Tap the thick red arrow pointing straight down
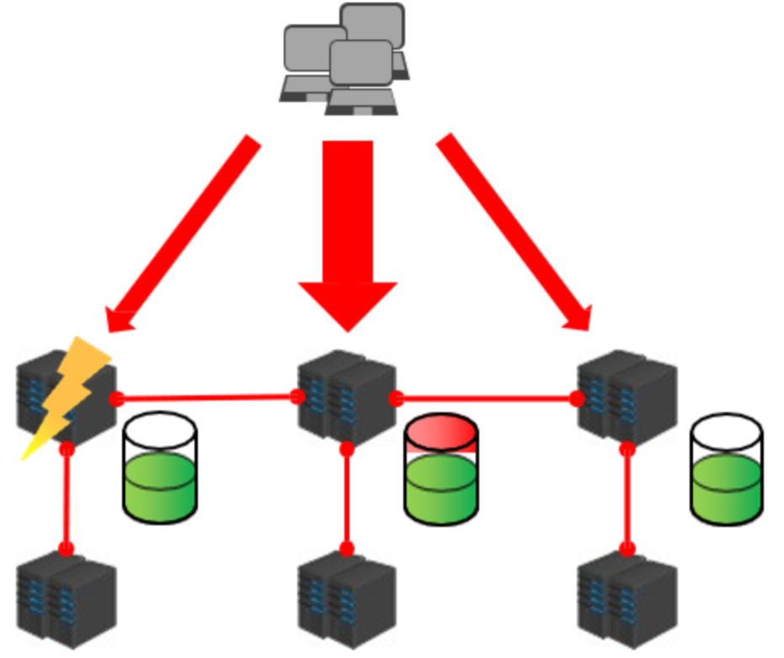click(x=348, y=236)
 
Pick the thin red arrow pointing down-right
click(x=514, y=232)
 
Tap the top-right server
click(x=627, y=396)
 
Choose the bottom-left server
click(x=66, y=600)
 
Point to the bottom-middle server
click(x=347, y=600)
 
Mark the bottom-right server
click(x=627, y=600)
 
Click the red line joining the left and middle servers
click(x=206, y=398)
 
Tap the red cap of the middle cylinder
click(x=441, y=432)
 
